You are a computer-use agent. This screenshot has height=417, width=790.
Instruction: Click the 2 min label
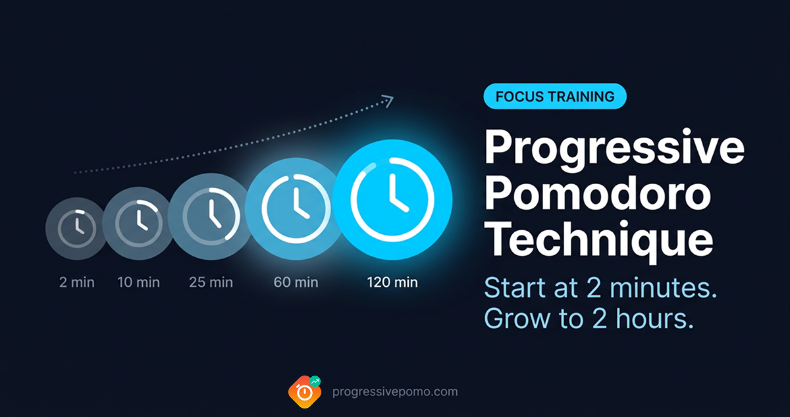76,283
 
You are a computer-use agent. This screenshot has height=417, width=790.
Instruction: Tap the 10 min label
139,283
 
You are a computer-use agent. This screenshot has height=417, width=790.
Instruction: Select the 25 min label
211,283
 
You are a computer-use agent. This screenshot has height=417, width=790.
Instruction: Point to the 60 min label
296,283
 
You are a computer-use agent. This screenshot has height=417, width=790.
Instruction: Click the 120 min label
392,283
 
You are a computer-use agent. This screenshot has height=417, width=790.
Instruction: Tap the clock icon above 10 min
139,220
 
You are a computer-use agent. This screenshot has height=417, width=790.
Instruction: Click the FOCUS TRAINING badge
555,97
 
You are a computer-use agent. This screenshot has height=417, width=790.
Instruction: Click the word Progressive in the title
614,149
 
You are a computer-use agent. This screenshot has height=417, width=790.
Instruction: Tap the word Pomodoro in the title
598,195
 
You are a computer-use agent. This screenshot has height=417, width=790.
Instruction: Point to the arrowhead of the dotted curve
388,101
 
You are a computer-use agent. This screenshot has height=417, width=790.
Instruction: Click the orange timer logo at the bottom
305,392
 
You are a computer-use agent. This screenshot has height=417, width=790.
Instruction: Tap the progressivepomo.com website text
395,392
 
